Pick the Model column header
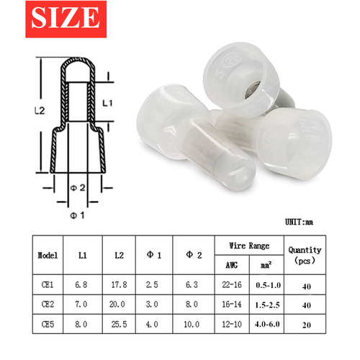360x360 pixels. tap(48, 255)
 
